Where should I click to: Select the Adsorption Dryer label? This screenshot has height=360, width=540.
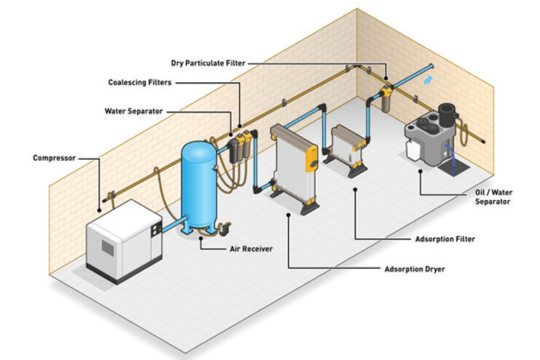414,269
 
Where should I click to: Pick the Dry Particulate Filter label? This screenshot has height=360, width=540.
208,63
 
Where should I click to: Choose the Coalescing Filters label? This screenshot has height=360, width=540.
140,83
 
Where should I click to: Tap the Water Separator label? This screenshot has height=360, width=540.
133,111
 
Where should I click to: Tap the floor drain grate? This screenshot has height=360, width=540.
454,168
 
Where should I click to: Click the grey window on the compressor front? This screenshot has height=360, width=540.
108,248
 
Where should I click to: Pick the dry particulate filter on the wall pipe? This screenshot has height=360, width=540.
386,99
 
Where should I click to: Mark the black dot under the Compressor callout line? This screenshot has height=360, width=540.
99,211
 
